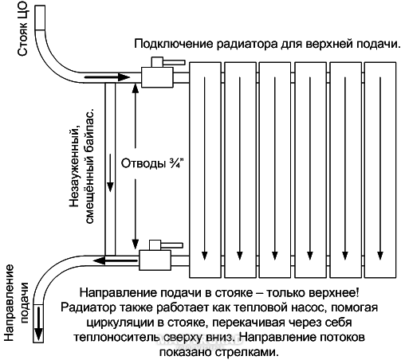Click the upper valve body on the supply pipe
coord(157,77)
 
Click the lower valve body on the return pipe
coord(155,260)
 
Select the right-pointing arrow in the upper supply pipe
coord(107,77)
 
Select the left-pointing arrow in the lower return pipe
coord(116,260)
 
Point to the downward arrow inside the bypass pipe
coord(110,173)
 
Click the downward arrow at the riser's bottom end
coord(39,323)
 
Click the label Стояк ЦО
coord(22,29)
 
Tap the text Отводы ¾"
coord(152,163)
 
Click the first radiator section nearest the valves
coord(205,170)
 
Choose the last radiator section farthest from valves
coord(380,170)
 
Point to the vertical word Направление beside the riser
coord(9,303)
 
